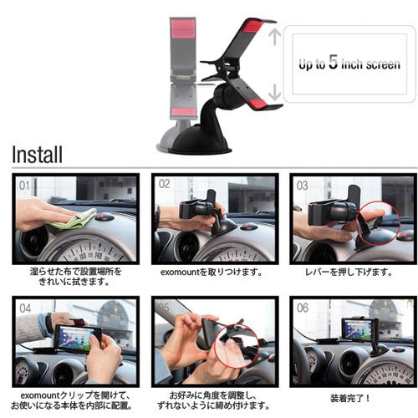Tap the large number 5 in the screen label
pos(332,63)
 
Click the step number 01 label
pos(24,184)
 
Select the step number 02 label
pos(163,184)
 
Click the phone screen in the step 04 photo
pos(74,338)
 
